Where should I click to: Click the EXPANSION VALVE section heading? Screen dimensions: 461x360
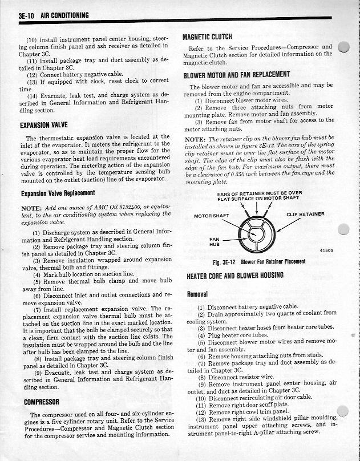[44, 124]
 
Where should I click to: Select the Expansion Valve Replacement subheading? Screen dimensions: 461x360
[57, 193]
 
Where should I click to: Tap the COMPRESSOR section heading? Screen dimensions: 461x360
[39, 401]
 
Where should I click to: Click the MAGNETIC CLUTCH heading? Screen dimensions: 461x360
[207, 37]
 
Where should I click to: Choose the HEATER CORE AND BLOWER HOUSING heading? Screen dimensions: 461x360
[235, 276]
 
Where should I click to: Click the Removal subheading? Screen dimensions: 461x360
[197, 294]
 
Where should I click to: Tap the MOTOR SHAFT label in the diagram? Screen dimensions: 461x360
[211, 216]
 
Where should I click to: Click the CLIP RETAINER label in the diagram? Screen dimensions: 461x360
[305, 215]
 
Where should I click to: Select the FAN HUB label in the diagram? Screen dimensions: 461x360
[215, 242]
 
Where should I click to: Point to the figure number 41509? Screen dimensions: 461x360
[326, 250]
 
